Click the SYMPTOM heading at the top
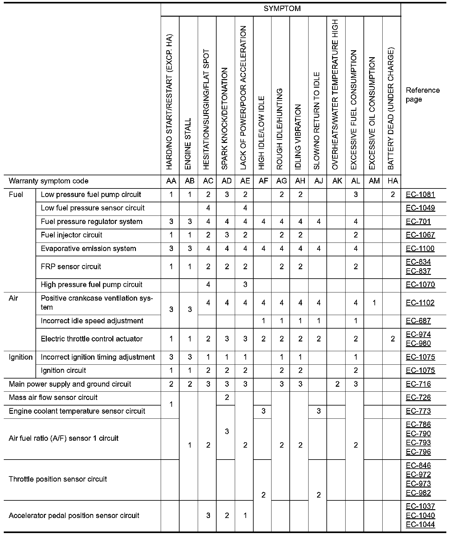click(282, 9)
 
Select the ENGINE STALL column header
click(188, 144)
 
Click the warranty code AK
click(337, 181)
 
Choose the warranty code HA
click(393, 181)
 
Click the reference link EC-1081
click(420, 194)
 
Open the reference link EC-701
click(418, 221)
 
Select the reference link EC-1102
click(420, 303)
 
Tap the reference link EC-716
click(418, 384)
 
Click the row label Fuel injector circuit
click(72, 235)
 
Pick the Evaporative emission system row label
click(89, 248)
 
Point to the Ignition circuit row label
click(63, 370)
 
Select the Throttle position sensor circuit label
click(58, 479)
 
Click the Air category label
click(13, 298)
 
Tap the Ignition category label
click(21, 357)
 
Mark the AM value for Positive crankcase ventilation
click(374, 303)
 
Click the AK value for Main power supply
click(337, 384)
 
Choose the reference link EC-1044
click(420, 524)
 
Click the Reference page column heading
click(422, 95)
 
